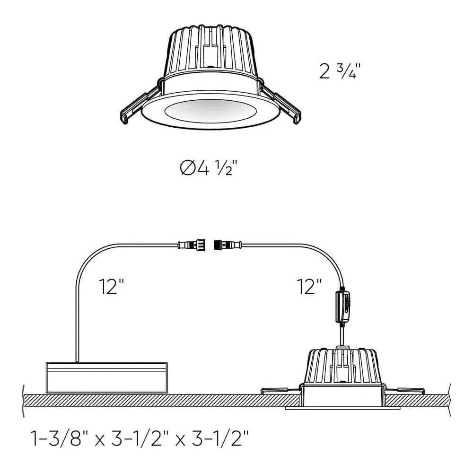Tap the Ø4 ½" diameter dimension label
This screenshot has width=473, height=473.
(x=208, y=167)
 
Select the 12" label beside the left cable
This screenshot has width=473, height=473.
(x=112, y=287)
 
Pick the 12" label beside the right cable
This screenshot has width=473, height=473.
(x=310, y=287)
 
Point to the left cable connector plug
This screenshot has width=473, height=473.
(x=192, y=245)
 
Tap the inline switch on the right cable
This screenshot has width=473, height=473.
(x=343, y=307)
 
